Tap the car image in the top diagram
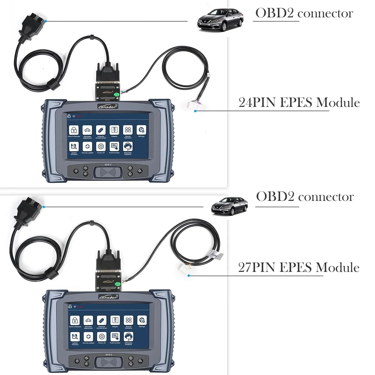pyautogui.click(x=220, y=20)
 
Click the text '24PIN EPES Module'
pyautogui.click(x=299, y=103)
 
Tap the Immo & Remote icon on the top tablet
pyautogui.click(x=74, y=130)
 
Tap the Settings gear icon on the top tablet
pyautogui.click(x=142, y=130)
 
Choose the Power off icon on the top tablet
pyautogui.click(x=101, y=146)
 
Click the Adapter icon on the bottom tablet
pyautogui.click(x=115, y=320)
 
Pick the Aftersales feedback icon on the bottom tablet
pyautogui.click(x=128, y=337)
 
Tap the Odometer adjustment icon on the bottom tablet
pyautogui.click(x=88, y=320)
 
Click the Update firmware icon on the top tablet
pyautogui.click(x=74, y=146)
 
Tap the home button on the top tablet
pyautogui.click(x=130, y=174)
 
